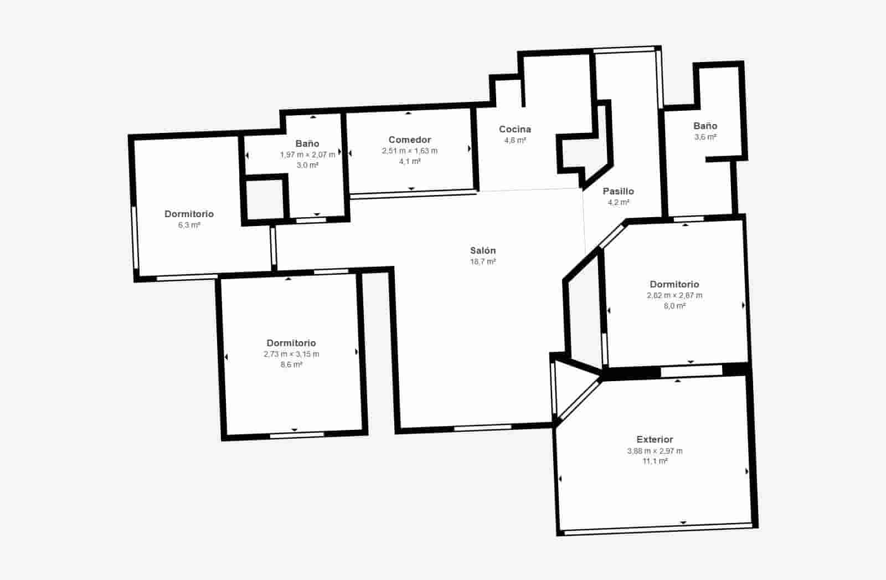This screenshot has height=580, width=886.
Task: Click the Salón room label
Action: (483, 250)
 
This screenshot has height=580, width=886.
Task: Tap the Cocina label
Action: (515, 129)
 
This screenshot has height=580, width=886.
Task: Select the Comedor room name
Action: (410, 140)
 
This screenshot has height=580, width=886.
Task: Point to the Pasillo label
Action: (618, 191)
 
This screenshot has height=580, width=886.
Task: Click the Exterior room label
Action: (655, 439)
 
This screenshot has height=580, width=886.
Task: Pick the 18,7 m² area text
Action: (483, 261)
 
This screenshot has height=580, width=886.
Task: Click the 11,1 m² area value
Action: (655, 461)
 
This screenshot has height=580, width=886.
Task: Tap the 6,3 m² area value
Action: (189, 225)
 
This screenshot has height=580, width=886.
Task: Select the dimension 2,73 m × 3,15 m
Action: (291, 354)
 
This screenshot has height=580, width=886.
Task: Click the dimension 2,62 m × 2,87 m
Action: (674, 295)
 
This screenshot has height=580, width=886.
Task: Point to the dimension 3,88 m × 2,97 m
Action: (655, 451)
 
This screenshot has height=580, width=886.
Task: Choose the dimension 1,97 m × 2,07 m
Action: (307, 155)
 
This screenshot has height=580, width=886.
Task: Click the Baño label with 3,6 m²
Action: (705, 126)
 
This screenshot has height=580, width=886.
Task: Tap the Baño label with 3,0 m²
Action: (307, 143)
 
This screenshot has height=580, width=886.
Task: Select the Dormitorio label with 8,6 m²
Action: (291, 343)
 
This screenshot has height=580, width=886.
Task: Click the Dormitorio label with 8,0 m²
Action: (674, 284)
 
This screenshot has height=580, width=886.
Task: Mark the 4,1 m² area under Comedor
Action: (410, 161)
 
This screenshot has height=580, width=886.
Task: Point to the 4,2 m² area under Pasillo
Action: (618, 202)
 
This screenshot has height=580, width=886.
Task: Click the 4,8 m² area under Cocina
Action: (515, 140)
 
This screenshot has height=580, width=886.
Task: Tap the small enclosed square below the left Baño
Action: (265, 198)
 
